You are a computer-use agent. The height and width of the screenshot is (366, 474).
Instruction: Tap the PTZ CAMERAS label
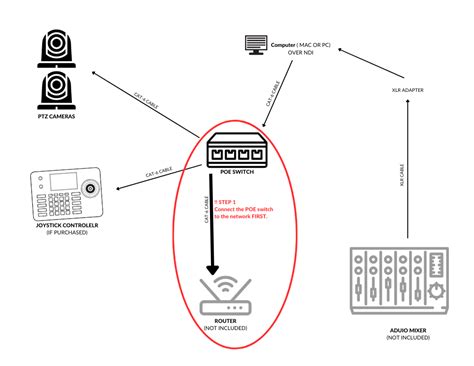point(56,118)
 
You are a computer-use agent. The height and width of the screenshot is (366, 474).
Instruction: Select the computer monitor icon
point(254,45)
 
